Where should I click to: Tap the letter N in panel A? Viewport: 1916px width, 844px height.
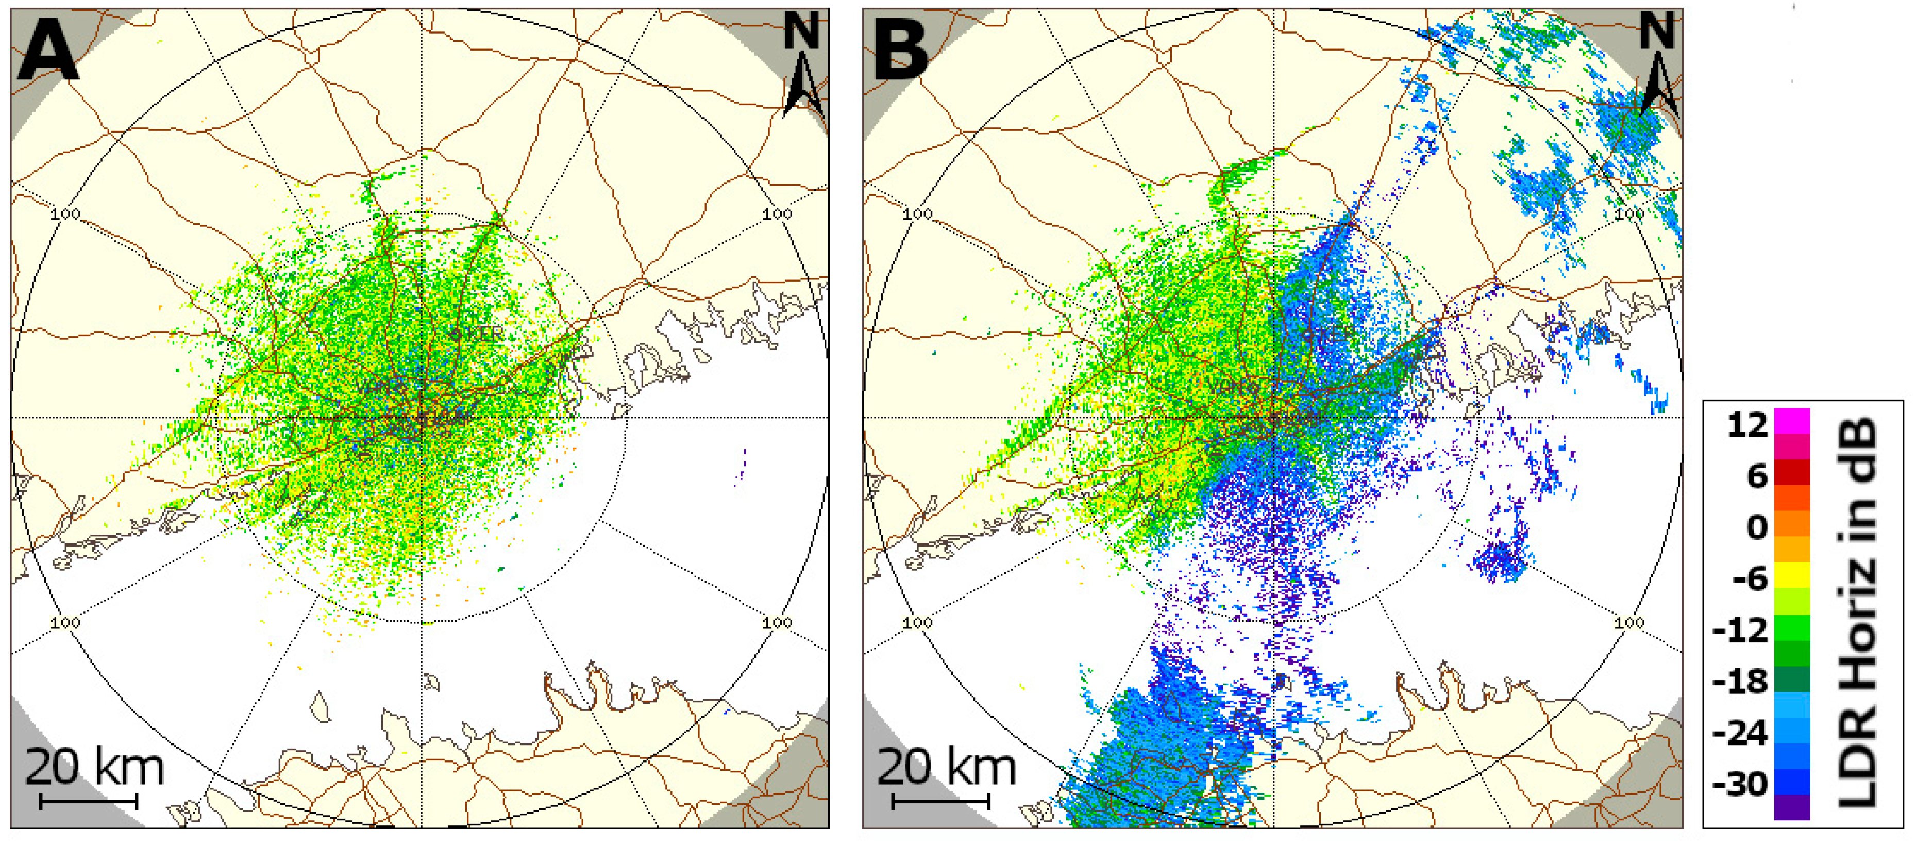click(802, 31)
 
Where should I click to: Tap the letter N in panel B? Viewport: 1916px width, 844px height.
click(1656, 31)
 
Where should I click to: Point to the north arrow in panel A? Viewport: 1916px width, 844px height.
click(803, 86)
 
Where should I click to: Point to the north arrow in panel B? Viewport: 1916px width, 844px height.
click(1658, 86)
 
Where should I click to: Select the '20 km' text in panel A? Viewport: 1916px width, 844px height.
click(94, 767)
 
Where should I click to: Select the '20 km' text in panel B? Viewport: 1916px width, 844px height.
click(946, 767)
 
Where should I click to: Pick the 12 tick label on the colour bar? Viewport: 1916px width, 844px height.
click(1746, 425)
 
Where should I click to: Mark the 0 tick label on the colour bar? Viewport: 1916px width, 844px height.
click(1757, 527)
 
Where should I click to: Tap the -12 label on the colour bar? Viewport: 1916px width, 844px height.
click(1740, 631)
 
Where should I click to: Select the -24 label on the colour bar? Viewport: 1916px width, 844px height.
click(1740, 733)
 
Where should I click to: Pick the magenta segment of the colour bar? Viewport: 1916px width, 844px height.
click(1792, 421)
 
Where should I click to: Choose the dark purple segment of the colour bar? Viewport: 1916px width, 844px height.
click(1792, 807)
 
